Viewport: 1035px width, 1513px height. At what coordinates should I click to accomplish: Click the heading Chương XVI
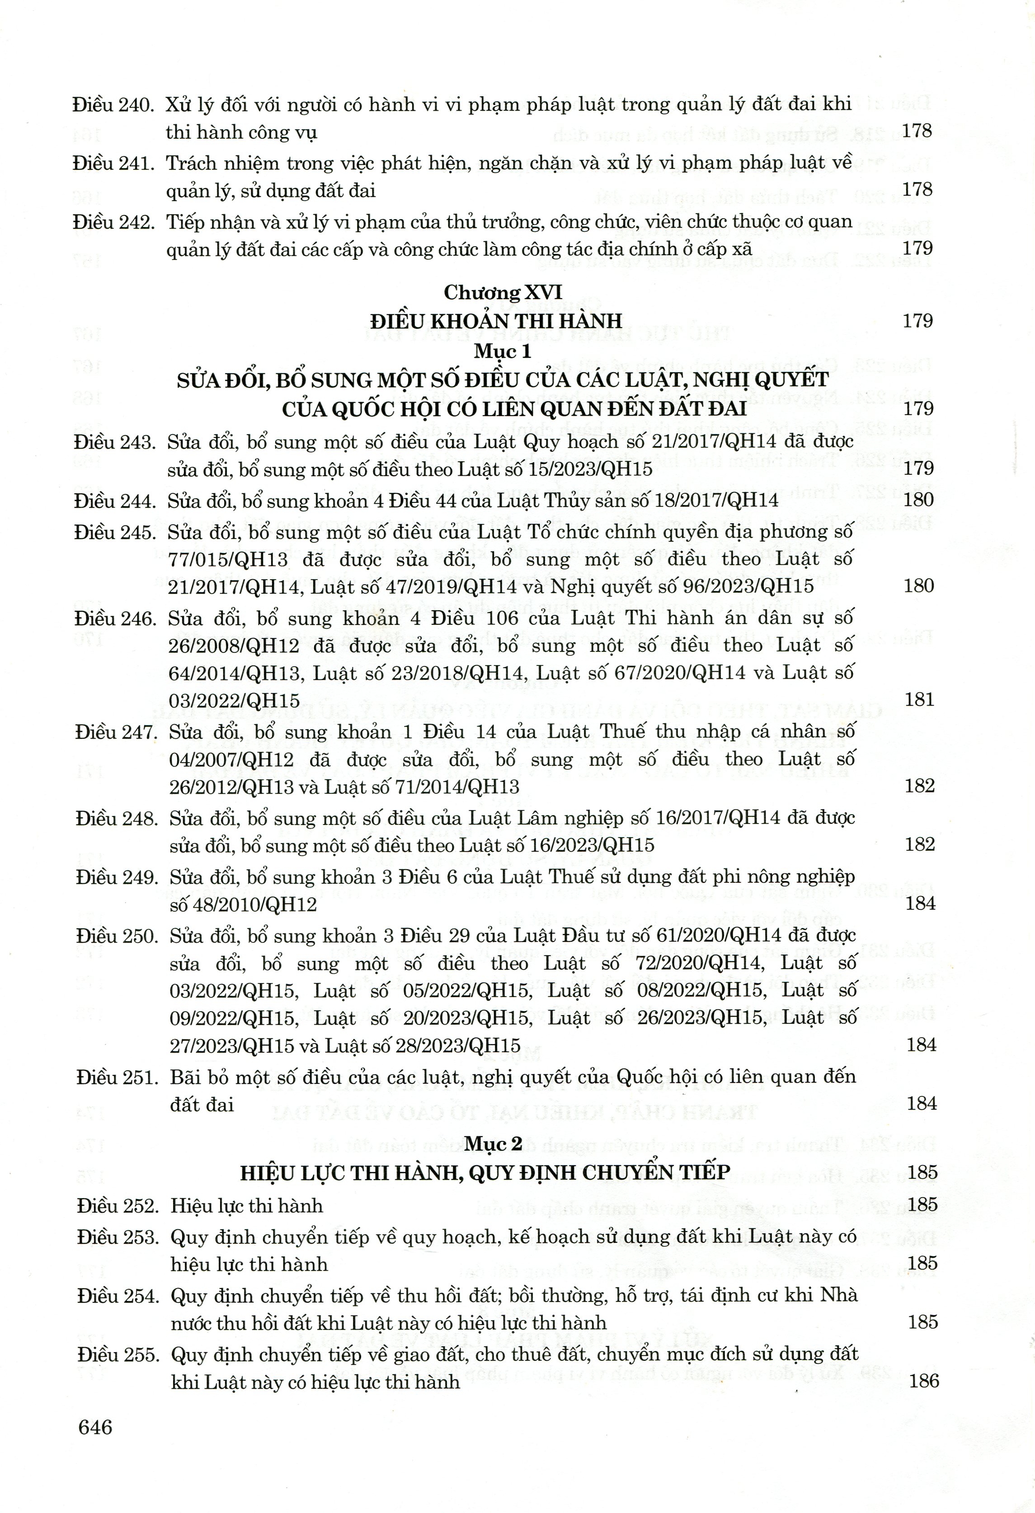(503, 292)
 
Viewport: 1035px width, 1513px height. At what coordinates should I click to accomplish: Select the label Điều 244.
(115, 501)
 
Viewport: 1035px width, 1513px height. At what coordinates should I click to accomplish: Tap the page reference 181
(920, 699)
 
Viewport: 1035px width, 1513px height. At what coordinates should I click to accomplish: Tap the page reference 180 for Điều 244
(918, 500)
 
